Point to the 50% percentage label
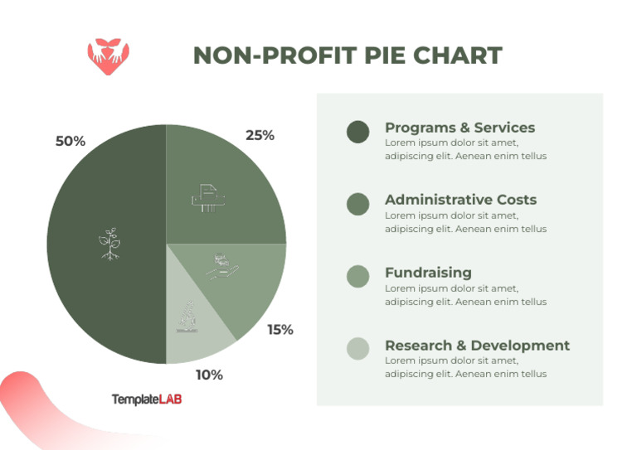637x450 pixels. pyautogui.click(x=71, y=142)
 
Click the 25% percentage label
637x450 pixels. pyautogui.click(x=260, y=135)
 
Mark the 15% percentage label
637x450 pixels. pyautogui.click(x=280, y=329)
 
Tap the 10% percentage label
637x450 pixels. pyautogui.click(x=209, y=375)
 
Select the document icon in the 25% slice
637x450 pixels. pyautogui.click(x=207, y=197)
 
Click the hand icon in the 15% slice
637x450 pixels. pyautogui.click(x=221, y=265)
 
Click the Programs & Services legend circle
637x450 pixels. pyautogui.click(x=357, y=131)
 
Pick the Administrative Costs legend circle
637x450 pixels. pyautogui.click(x=357, y=204)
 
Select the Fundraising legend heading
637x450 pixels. pyautogui.click(x=428, y=273)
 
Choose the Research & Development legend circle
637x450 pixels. pyautogui.click(x=357, y=349)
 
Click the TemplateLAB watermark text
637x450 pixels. pyautogui.click(x=147, y=399)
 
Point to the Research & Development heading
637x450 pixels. pyautogui.click(x=477, y=346)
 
